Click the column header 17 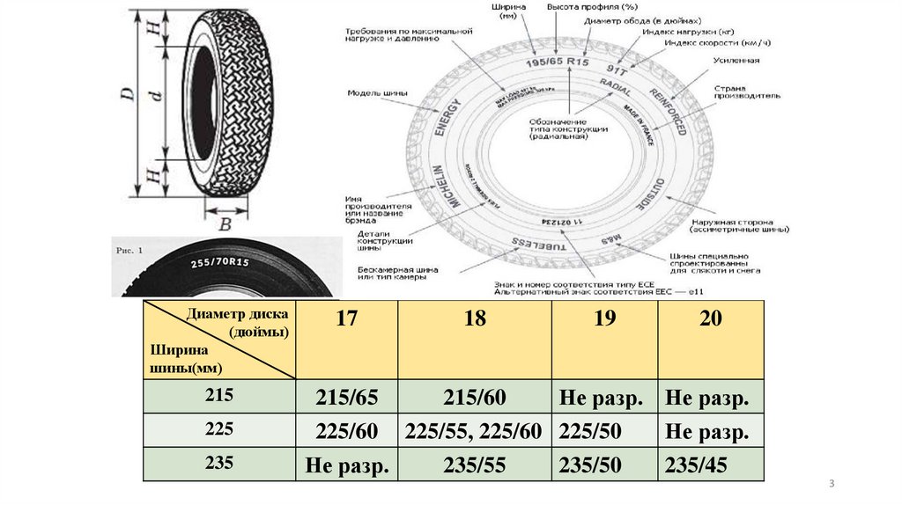pos(346,318)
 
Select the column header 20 pos(710,318)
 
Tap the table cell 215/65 pos(346,398)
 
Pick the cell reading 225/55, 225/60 pos(475,432)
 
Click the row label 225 pos(219,430)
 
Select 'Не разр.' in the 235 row pos(346,465)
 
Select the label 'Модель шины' pos(373,91)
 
